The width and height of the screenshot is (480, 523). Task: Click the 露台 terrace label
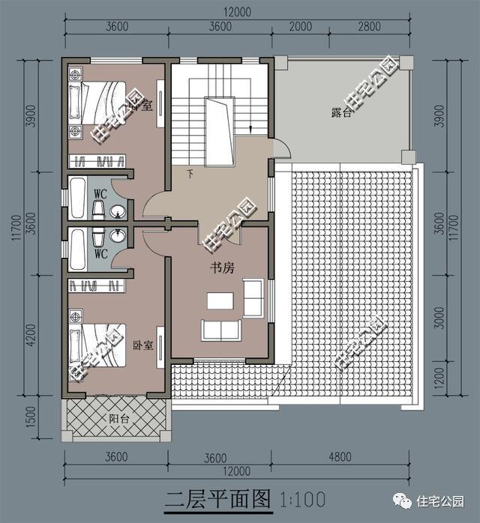340,112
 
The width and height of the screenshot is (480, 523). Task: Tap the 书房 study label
222,267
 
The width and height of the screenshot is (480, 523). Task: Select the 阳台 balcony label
118,419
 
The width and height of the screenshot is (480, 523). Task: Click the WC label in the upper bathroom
100,193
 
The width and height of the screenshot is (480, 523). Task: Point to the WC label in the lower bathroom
100,254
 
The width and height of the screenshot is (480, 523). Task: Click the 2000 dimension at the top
301,26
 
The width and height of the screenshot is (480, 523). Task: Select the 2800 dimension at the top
370,26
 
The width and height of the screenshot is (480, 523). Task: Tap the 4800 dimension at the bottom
340,456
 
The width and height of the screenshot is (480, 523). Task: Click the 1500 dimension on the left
31,417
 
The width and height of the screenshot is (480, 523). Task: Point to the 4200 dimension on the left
31,335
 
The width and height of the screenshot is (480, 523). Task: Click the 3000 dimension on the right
440,318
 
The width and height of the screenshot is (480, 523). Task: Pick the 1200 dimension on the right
440,378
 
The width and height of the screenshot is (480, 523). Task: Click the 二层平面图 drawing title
218,499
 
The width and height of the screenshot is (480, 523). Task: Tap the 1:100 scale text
302,500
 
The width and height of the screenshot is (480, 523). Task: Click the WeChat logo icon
402,501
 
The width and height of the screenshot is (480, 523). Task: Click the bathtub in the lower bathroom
78,249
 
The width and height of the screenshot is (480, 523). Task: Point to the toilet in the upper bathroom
98,210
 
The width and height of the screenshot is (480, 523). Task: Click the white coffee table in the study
220,300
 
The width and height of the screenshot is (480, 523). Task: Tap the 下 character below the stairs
190,174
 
